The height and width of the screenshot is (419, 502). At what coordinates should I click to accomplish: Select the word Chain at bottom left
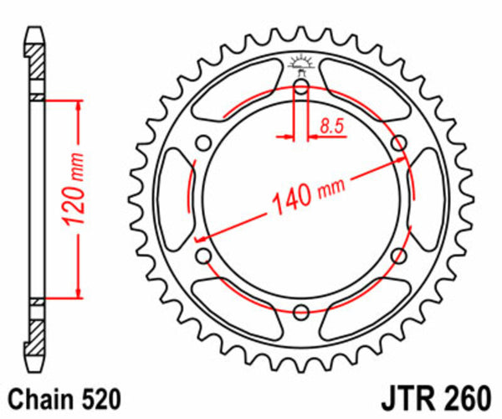33,396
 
